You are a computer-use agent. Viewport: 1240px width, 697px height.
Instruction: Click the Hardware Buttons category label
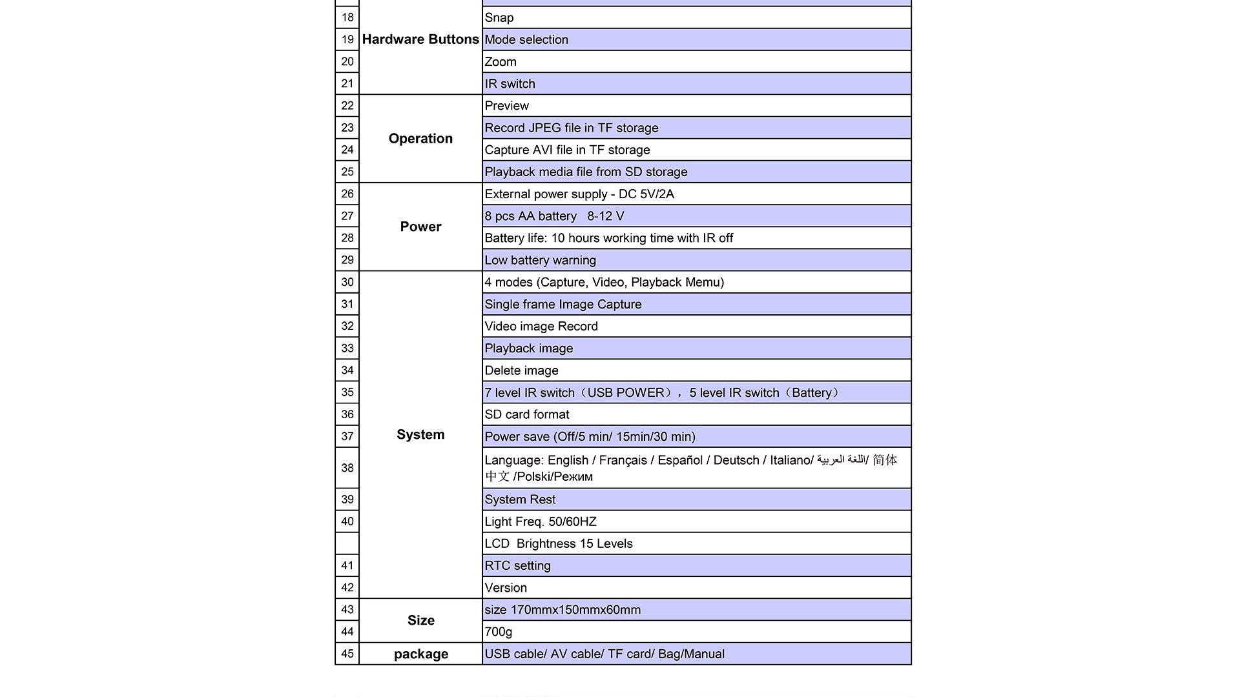coord(420,39)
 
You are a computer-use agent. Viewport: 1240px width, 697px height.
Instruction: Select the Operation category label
coord(420,139)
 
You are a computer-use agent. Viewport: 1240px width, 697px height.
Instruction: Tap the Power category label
coord(420,227)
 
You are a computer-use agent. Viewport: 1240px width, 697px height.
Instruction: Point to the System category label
coord(420,434)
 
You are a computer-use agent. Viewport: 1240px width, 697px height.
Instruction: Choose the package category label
coord(420,654)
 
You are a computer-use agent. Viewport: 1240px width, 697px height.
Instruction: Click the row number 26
coord(347,194)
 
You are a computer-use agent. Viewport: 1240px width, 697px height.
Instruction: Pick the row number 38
coord(347,468)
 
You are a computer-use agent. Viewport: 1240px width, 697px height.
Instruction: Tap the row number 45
coord(347,654)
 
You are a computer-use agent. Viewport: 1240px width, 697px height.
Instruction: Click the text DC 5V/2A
coord(646,194)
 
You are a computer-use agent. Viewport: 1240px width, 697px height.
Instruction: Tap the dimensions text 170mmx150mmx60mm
coord(575,610)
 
